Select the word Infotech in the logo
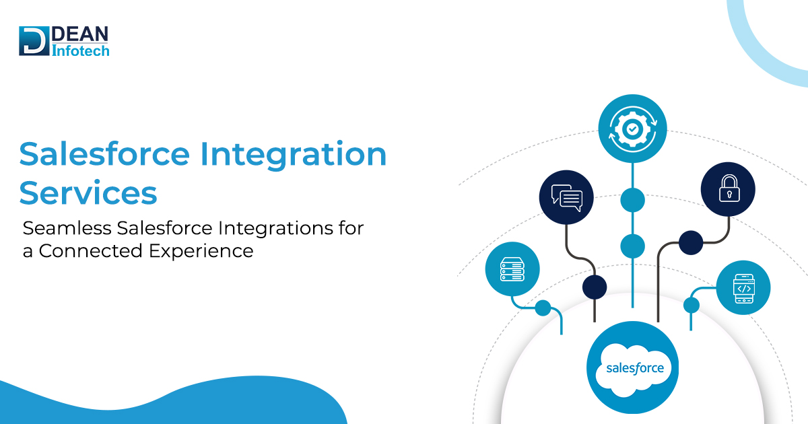click(x=80, y=50)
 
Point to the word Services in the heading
click(x=88, y=192)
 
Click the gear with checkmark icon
click(x=632, y=128)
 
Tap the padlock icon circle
click(x=728, y=190)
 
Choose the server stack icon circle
click(x=512, y=269)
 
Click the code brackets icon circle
click(x=743, y=288)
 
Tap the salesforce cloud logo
click(x=633, y=367)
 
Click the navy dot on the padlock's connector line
click(x=690, y=242)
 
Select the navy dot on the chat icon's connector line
click(x=595, y=287)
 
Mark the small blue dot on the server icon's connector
click(x=543, y=308)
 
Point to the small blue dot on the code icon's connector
click(x=692, y=306)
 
